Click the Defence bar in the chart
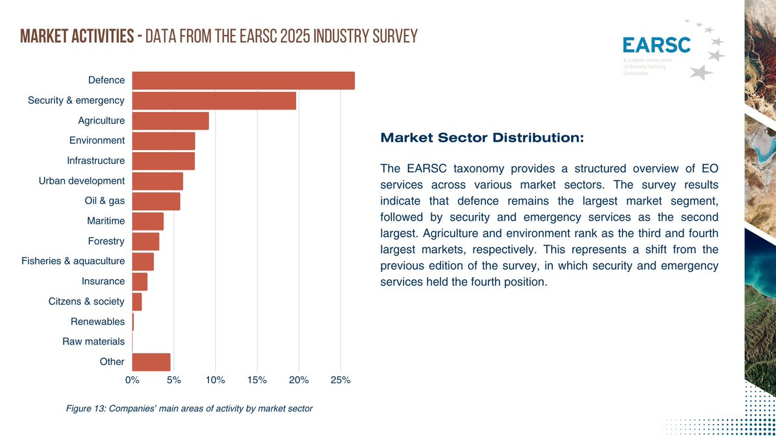[x=243, y=80]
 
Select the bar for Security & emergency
[x=214, y=100]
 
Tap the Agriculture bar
[x=170, y=120]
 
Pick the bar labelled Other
[x=151, y=362]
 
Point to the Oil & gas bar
[x=156, y=201]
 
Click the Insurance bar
[x=140, y=282]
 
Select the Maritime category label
[x=105, y=221]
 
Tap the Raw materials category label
[x=93, y=342]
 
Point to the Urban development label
[x=81, y=181]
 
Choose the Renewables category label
[x=97, y=322]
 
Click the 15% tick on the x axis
[x=257, y=380]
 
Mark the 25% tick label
[x=340, y=380]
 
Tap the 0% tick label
[x=132, y=380]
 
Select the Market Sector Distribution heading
[x=482, y=138]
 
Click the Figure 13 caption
[x=189, y=409]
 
